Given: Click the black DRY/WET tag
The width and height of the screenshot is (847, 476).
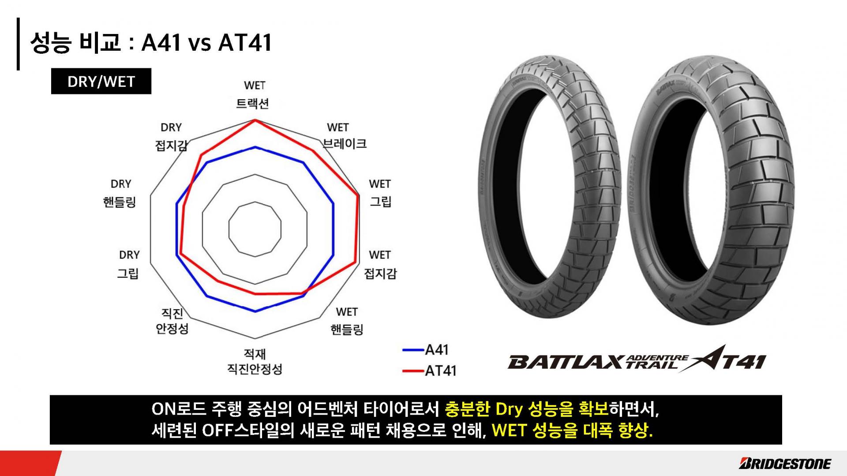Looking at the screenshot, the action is point(101,81).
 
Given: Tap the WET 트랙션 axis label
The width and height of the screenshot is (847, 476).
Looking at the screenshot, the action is point(254,94).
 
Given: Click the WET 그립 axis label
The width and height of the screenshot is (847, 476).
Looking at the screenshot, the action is point(380,193).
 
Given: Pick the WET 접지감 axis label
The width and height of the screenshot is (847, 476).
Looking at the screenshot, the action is point(380,264).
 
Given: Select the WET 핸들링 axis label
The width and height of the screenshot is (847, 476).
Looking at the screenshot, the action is point(347,321).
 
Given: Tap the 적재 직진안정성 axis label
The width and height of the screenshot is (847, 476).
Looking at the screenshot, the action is point(255,361).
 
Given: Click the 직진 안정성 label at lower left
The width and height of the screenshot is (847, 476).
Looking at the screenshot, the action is point(172,321).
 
